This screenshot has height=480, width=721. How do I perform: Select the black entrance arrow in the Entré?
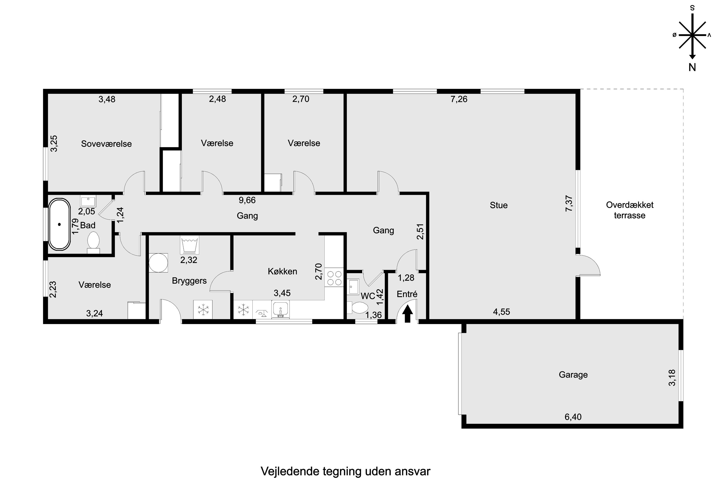(x=407, y=314)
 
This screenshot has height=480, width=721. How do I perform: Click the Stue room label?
(x=498, y=205)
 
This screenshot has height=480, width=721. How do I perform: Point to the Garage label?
(x=573, y=375)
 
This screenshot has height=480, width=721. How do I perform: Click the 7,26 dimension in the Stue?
(x=459, y=99)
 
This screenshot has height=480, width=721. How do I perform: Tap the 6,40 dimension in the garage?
(x=573, y=417)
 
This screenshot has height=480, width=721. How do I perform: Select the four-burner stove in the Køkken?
(x=334, y=277)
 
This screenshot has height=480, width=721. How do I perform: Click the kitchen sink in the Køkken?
(x=280, y=309)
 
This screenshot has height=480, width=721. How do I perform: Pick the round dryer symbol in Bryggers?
(x=158, y=263)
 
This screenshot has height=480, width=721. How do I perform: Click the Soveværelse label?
(x=106, y=144)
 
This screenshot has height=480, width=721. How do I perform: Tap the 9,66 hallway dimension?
(x=247, y=200)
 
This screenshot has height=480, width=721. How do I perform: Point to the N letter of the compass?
(x=692, y=67)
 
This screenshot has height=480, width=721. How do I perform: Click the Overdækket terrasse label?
(x=630, y=210)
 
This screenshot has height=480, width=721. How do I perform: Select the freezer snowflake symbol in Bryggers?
(x=203, y=310)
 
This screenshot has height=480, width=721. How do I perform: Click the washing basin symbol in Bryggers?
(x=189, y=245)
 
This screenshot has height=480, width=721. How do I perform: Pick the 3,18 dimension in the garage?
(x=672, y=378)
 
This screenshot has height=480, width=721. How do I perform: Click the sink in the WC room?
(x=353, y=287)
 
